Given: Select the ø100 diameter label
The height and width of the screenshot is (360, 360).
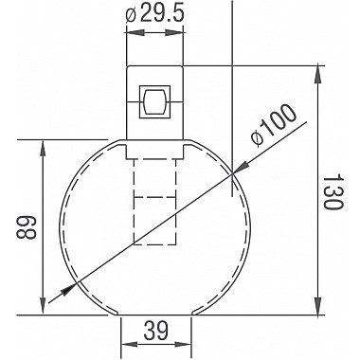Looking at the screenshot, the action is [274, 125].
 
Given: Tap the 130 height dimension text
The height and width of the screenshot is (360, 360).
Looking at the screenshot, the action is [333, 191].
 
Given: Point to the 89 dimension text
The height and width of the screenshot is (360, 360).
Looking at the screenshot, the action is [27, 227].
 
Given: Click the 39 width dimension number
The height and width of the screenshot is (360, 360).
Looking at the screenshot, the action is [156, 331].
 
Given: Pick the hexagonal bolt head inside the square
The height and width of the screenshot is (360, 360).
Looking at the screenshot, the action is [154, 101].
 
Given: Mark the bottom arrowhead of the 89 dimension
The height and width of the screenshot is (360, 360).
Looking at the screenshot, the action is [43, 307].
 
